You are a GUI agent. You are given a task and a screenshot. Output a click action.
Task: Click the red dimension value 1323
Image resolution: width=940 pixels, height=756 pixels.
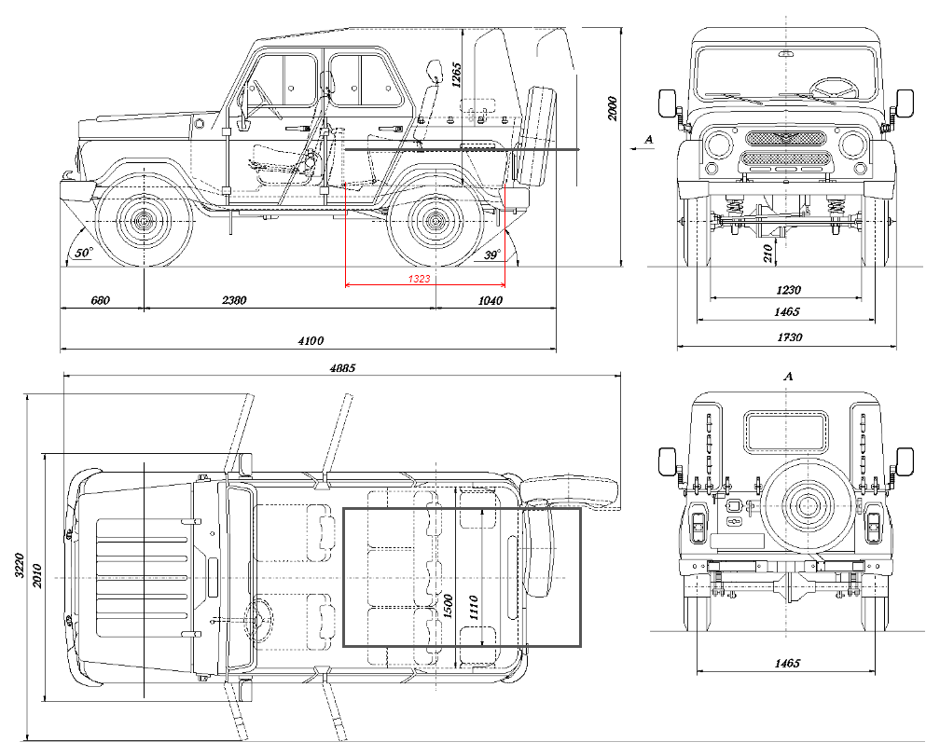tap(418, 279)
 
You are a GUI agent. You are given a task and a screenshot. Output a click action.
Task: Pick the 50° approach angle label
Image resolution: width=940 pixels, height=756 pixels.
tap(84, 253)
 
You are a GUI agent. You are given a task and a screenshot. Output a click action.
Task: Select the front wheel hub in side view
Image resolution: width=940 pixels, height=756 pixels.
tap(144, 222)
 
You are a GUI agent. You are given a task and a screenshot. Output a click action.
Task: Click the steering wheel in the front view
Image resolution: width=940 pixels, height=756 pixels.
tap(834, 88)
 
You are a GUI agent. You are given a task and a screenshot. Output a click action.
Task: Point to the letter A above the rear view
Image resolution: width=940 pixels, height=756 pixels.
tap(788, 377)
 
